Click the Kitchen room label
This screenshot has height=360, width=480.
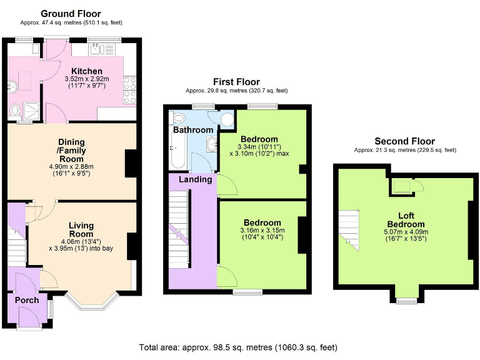pos(87,71)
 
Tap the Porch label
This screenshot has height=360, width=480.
pos(27,300)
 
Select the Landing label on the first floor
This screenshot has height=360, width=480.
pos(195,179)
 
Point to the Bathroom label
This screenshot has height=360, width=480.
pos(193,130)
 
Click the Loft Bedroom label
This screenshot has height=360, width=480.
pos(406,220)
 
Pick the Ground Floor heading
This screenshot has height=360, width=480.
pos(71,14)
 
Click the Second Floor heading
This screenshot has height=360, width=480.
pos(405,141)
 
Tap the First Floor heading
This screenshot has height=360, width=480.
pos(236,82)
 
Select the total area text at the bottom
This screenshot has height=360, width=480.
pos(238,347)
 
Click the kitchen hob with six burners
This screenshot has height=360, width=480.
pos(129,90)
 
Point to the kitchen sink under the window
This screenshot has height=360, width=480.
pos(102,49)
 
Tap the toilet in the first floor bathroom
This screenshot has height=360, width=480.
pos(178,117)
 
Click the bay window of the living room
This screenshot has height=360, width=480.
pos(92,302)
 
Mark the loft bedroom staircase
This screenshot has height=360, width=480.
pos(349,230)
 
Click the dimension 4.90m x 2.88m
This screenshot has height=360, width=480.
pos(71,167)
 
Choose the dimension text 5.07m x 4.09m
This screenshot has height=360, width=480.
pos(406,232)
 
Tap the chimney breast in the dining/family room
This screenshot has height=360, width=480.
pos(131,163)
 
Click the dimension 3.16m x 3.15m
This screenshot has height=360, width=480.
pos(262,230)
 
